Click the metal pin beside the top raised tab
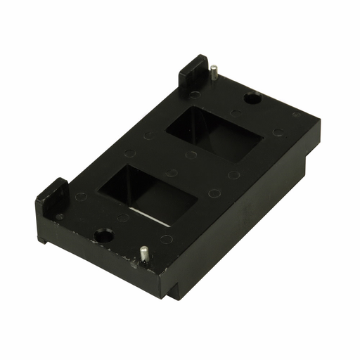tap(212, 73)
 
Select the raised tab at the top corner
tap(193, 70)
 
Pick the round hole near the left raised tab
tap(103, 235)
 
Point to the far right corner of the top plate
tap(318, 121)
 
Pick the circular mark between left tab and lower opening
tap(82, 198)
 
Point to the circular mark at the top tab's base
tap(193, 94)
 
